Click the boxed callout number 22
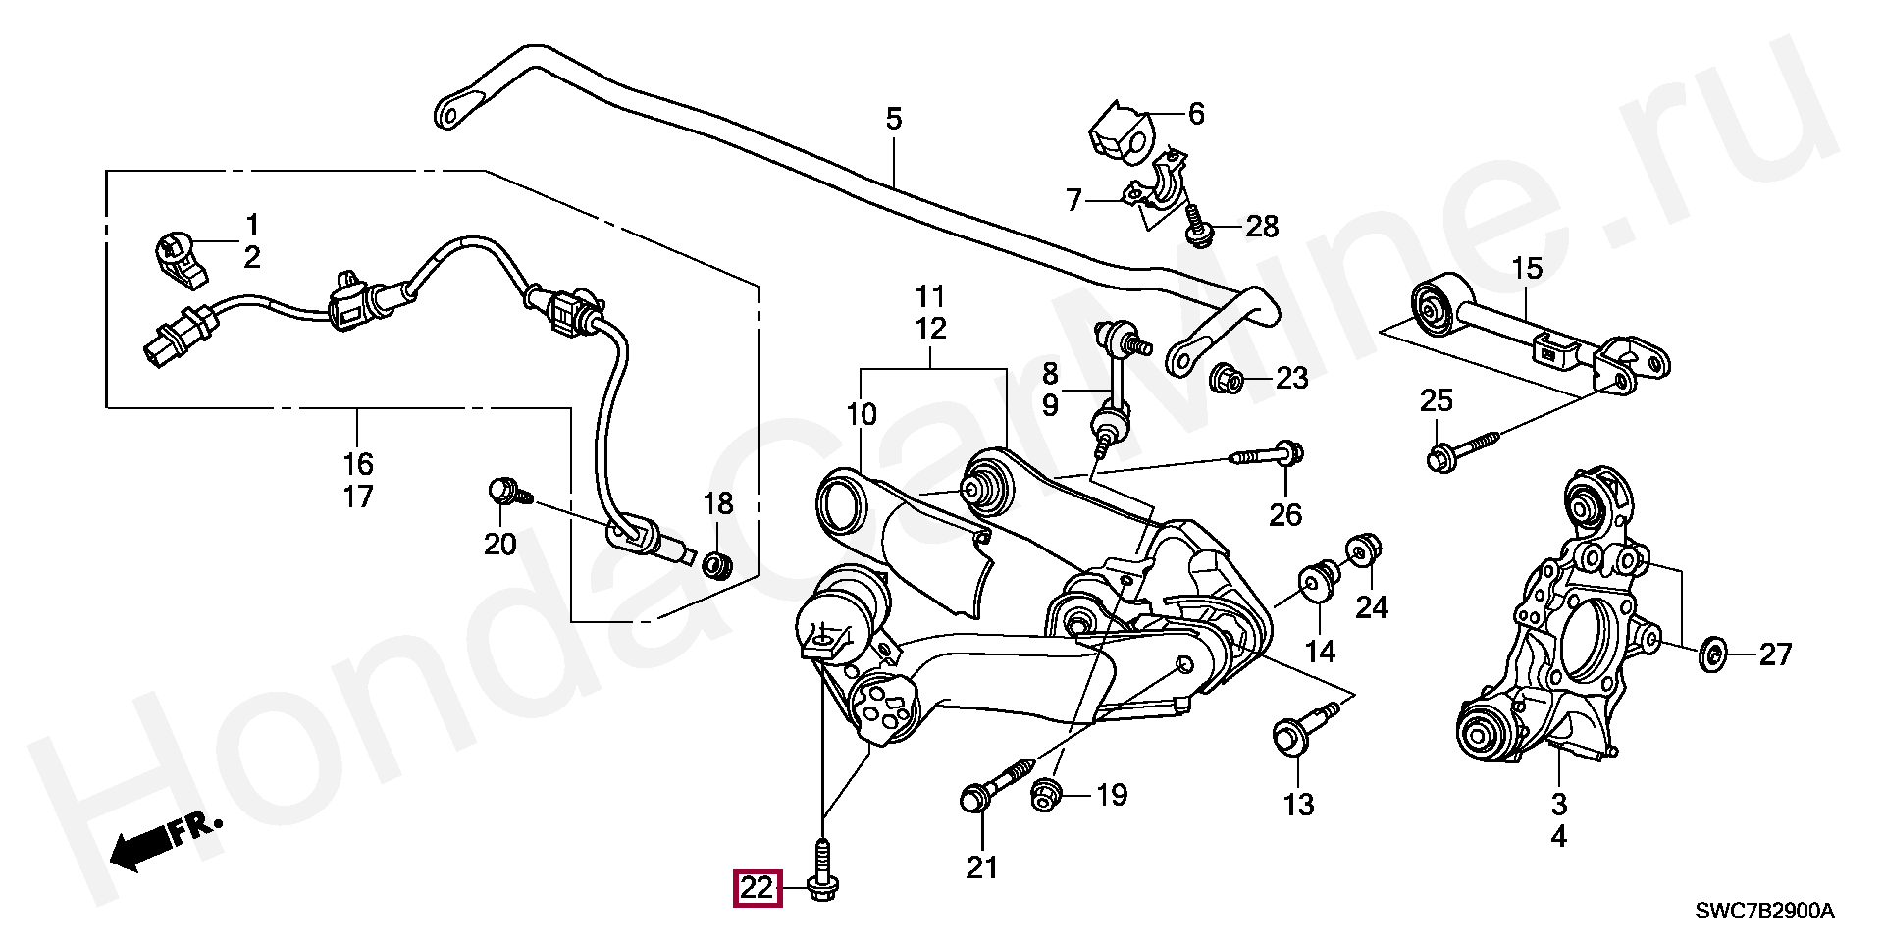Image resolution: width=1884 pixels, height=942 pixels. click(757, 889)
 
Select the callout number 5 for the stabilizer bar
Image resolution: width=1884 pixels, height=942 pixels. click(893, 120)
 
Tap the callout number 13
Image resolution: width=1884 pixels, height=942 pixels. click(1298, 806)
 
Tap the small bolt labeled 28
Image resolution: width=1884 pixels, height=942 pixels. click(1196, 225)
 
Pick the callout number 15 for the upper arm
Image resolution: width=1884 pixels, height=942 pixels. click(1527, 268)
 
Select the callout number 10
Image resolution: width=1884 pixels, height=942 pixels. click(862, 415)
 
